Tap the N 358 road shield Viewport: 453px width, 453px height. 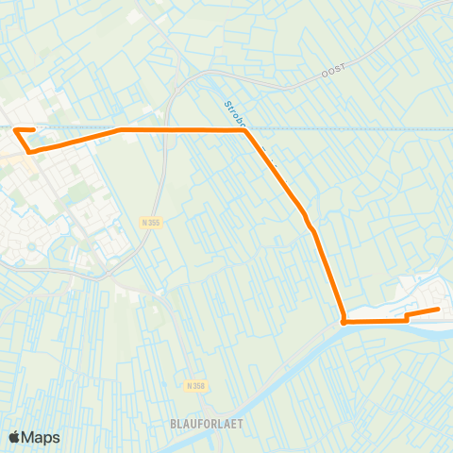[195, 386]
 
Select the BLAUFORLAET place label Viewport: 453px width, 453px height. [208, 424]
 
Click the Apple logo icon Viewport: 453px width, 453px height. [15, 437]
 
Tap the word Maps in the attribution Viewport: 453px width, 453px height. [42, 437]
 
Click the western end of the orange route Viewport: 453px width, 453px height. [33, 130]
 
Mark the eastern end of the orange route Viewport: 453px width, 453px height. [439, 309]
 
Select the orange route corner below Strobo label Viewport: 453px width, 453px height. [246, 130]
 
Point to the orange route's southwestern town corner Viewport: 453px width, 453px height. [29, 151]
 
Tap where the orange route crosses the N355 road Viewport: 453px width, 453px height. [166, 129]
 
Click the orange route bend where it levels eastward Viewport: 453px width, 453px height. [121, 130]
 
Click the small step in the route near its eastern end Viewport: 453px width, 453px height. [407, 317]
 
